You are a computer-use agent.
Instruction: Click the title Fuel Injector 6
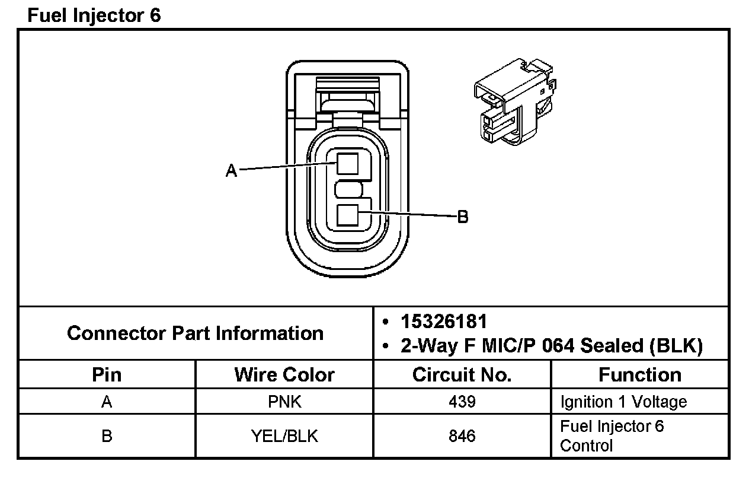point(94,15)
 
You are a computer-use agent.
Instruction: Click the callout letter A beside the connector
point(231,171)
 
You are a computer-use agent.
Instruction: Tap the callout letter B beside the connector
point(463,217)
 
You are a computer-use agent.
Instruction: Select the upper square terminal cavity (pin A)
point(347,163)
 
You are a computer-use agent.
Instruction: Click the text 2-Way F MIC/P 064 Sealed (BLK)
point(551,346)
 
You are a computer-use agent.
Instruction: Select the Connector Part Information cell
point(196,333)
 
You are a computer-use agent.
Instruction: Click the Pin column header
point(107,375)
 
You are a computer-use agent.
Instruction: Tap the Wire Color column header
point(284,375)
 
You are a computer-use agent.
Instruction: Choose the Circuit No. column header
point(462,375)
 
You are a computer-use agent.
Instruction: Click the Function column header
point(640,375)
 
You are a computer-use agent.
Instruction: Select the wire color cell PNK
point(284,402)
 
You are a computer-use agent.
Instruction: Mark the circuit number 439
point(462,402)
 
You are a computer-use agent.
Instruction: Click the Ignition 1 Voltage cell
point(623,402)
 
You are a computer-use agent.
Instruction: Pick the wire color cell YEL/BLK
point(284,436)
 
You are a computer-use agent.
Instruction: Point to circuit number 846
point(462,436)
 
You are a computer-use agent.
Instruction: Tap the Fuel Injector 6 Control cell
point(612,436)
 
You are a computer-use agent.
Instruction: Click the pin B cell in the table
point(107,436)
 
